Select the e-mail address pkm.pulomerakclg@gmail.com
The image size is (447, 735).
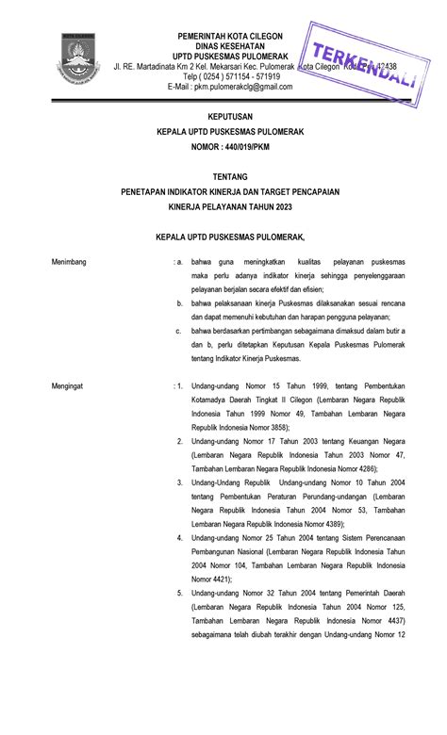(x=243, y=87)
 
